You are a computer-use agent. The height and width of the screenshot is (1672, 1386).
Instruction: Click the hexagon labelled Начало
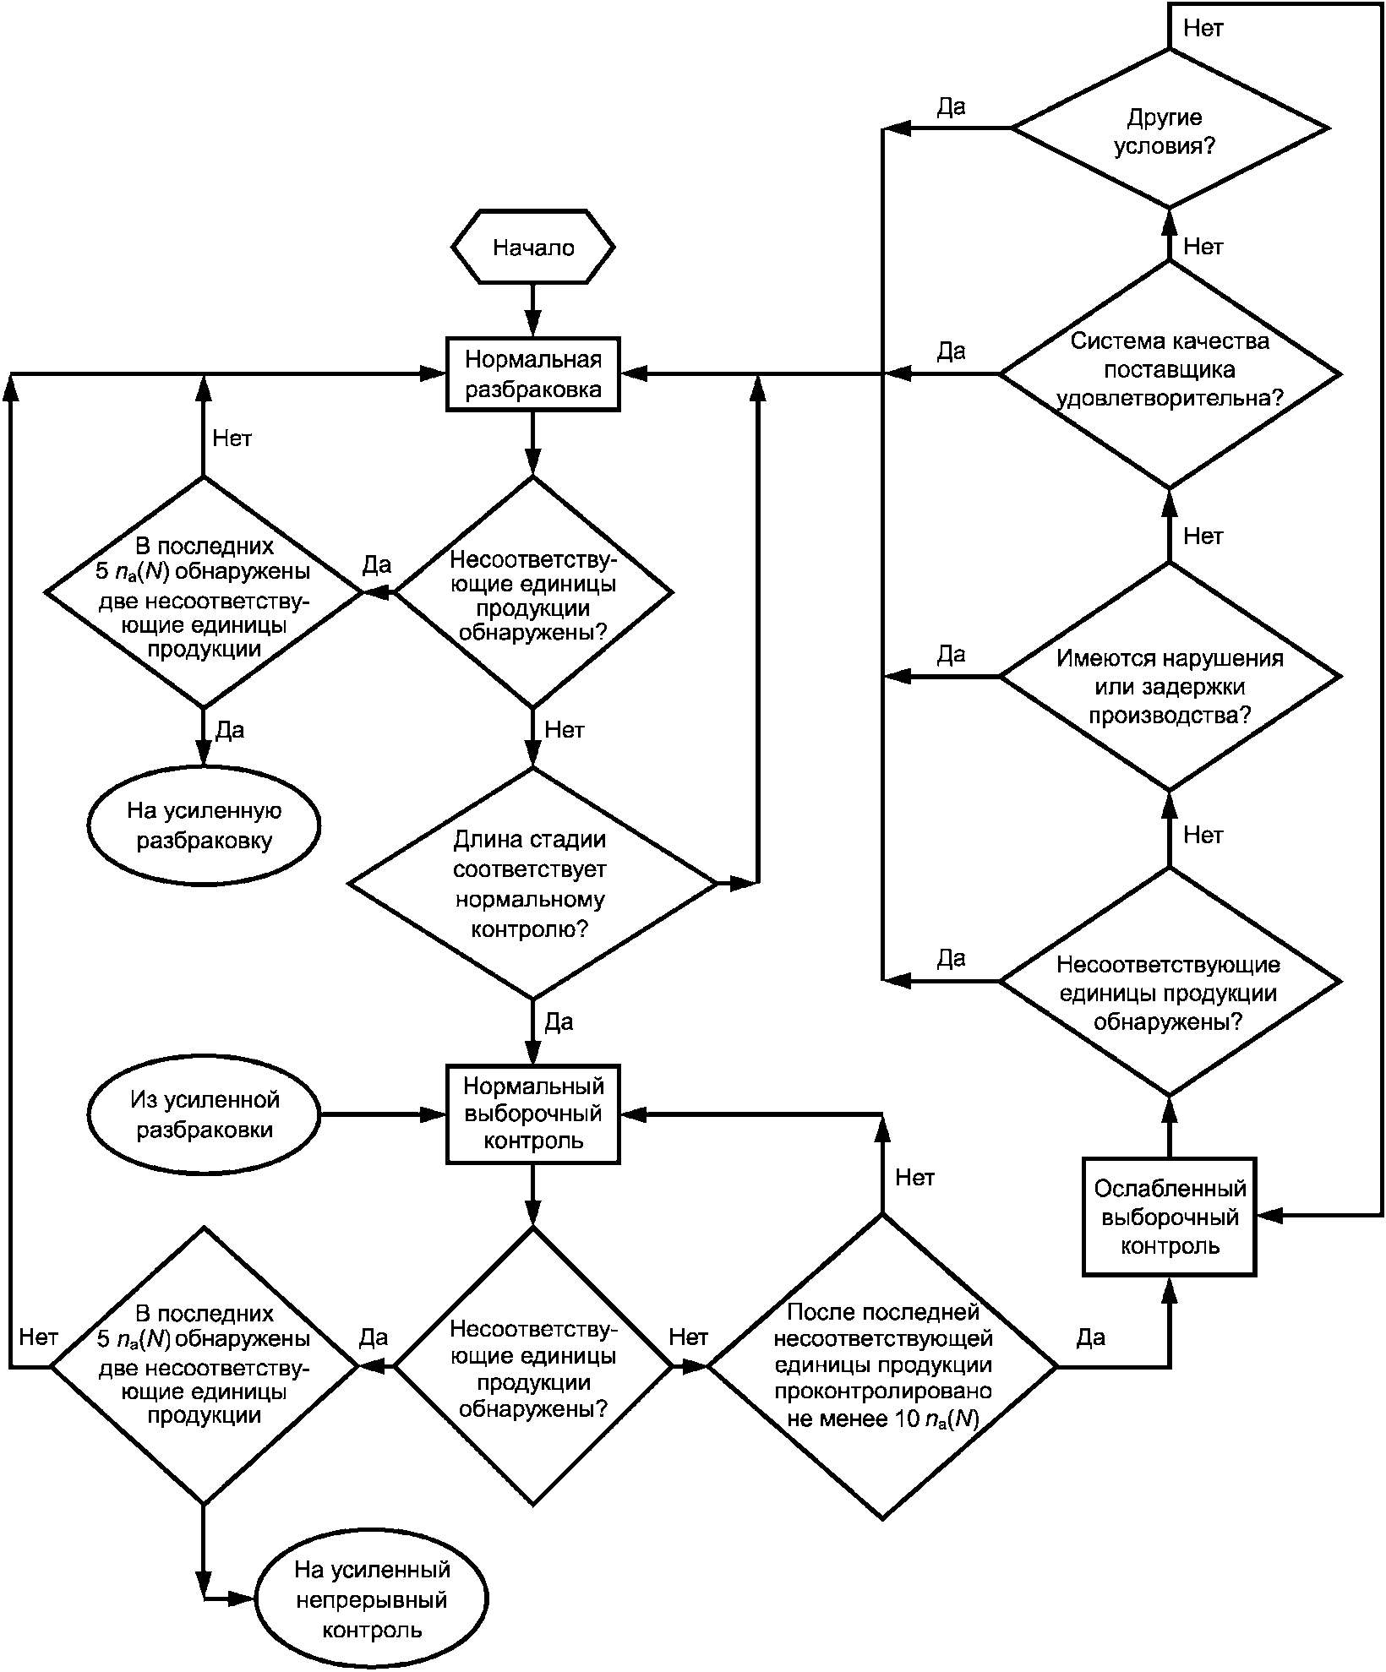[533, 248]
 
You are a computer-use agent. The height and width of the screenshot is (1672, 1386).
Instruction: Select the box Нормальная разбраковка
[533, 374]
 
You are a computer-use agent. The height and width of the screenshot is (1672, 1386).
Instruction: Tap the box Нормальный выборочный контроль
[533, 1114]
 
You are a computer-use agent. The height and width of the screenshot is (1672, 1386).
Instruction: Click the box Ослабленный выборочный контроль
[1170, 1217]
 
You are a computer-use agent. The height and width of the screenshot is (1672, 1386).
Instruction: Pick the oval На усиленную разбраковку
[204, 825]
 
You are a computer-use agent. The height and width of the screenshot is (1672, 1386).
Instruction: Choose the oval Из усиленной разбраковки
[204, 1114]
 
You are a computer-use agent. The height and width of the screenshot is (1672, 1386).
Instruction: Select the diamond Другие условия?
[1170, 128]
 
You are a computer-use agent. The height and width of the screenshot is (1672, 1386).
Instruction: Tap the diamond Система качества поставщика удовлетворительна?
[1170, 373]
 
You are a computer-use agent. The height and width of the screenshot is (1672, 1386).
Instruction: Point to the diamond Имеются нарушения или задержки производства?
[1170, 676]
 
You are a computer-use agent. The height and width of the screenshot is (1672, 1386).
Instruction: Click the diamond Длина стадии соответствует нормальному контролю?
[533, 884]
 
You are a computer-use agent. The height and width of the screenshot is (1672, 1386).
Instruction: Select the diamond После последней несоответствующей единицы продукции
[882, 1366]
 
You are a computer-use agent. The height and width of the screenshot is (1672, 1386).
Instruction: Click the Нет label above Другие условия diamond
[1203, 28]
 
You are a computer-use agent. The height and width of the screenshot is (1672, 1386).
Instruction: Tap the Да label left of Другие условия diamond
[952, 107]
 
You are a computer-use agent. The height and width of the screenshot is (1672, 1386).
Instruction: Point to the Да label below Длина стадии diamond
[559, 1023]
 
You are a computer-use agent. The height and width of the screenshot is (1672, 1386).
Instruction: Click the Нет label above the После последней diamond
[914, 1178]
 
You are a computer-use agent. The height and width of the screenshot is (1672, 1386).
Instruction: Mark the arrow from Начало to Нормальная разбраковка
[533, 311]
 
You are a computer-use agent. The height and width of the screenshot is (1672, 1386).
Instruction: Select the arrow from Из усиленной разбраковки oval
[384, 1114]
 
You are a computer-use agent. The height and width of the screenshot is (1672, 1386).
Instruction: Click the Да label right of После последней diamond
[1091, 1337]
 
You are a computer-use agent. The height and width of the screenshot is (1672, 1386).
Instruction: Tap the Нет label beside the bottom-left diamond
[38, 1337]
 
